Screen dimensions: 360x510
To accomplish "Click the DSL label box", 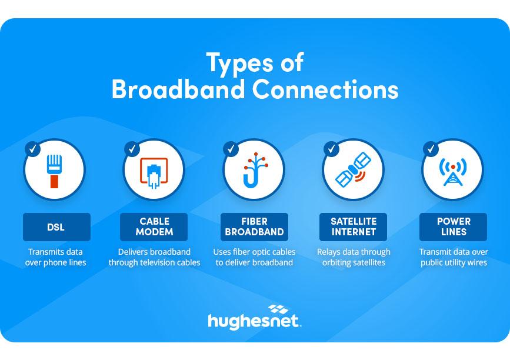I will tap(56, 227).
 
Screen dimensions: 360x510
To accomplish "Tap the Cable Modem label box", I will tap(154, 227).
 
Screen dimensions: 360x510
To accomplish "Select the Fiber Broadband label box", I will tap(254, 227).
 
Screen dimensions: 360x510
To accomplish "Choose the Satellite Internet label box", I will tap(353, 227).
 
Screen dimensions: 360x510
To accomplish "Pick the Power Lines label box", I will tap(453, 227).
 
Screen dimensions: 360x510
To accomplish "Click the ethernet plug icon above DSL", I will tap(55, 171).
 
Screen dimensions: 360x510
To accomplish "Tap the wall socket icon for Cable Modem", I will tap(154, 172).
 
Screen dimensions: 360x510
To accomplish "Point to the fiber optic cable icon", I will tap(254, 171).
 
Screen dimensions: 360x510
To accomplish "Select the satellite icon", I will tap(353, 171).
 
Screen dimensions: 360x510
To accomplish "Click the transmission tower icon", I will tap(452, 171).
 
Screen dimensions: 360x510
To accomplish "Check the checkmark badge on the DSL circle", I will tap(33, 149).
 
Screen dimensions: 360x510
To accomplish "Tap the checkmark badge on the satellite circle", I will tap(331, 149).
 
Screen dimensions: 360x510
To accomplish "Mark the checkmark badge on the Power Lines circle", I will tap(431, 149).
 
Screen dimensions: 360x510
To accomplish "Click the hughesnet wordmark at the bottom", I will tap(254, 321).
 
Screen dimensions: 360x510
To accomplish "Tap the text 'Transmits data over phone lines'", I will tap(55, 257).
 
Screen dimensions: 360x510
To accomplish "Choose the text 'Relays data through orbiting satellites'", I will tap(354, 257).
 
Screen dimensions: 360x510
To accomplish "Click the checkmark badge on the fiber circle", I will tap(232, 149).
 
